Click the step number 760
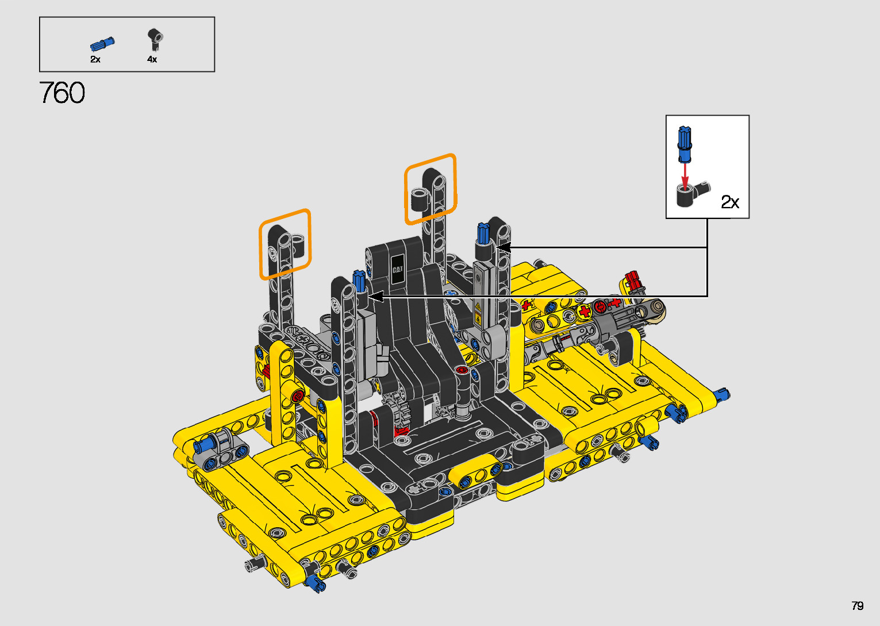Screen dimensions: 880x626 coord(62,93)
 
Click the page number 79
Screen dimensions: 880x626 coord(857,605)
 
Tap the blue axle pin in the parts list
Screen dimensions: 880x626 coord(102,44)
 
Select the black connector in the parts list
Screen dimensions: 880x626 coord(155,39)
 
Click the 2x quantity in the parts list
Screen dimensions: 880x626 coord(95,59)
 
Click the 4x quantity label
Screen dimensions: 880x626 coord(152,59)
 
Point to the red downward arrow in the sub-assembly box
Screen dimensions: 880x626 coord(685,177)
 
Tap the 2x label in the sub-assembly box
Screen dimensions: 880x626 coord(730,202)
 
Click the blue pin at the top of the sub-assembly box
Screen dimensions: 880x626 coord(685,144)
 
